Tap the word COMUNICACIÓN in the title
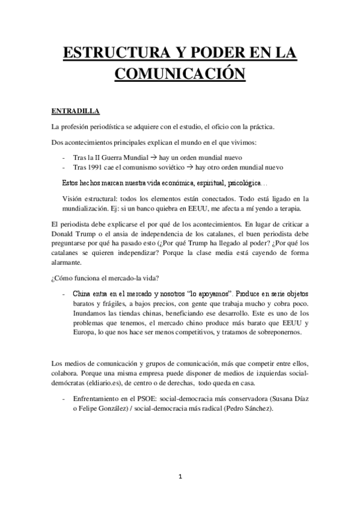click(180, 75)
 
